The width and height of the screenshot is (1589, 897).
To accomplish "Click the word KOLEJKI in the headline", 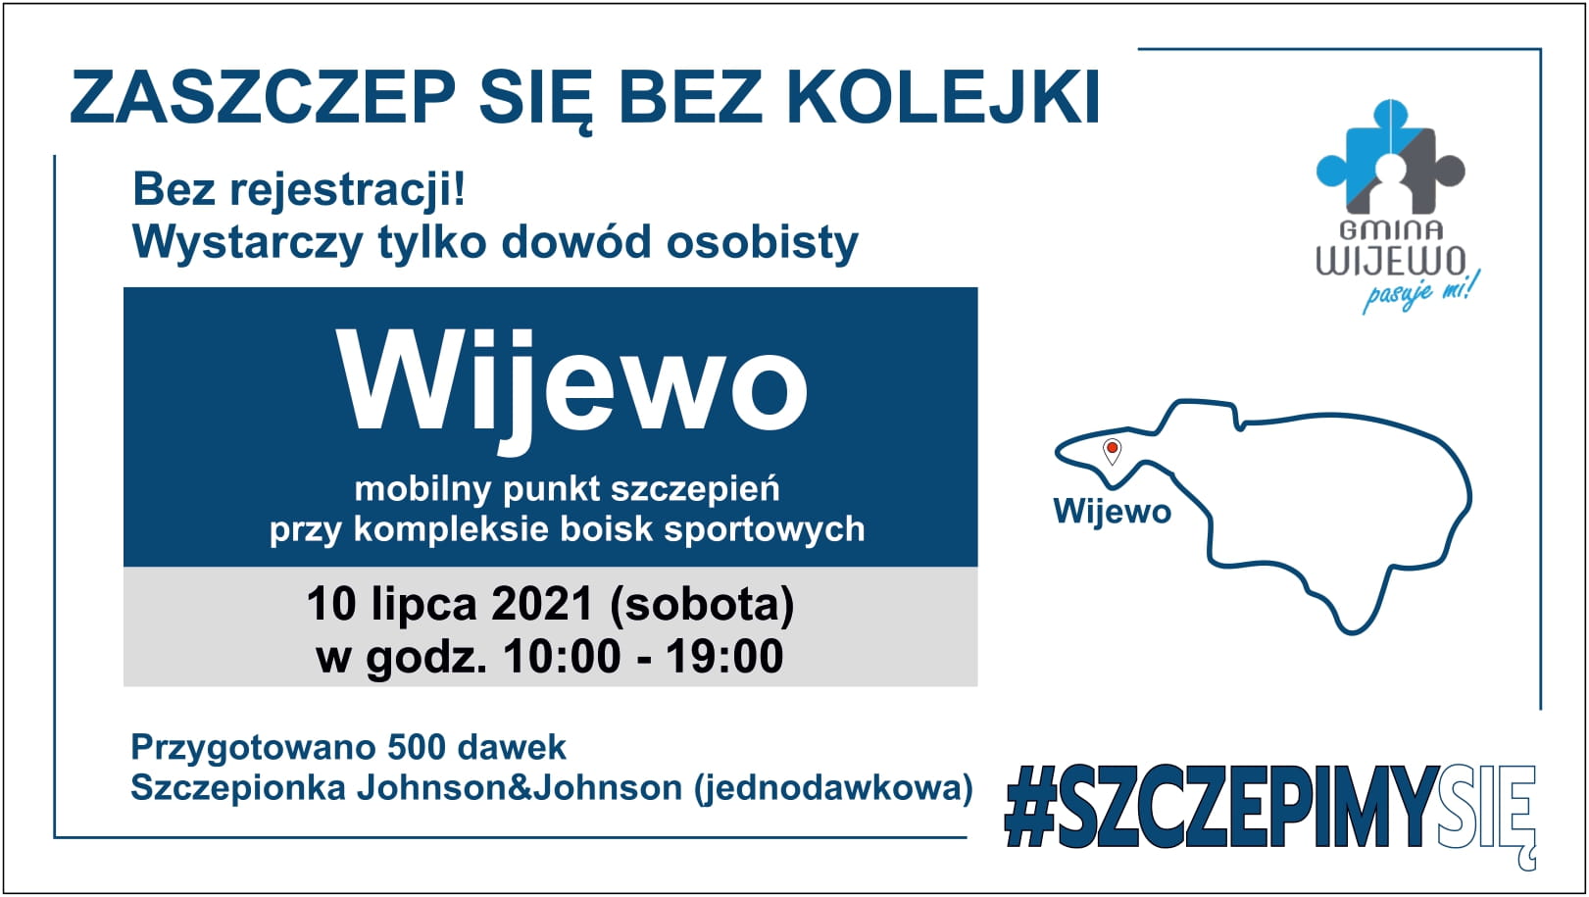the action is point(944,97).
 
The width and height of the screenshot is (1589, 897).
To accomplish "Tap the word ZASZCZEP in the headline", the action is point(263,97).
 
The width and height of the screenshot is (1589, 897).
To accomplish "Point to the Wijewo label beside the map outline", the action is point(1112,511).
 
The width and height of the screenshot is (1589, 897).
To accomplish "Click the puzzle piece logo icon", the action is point(1390,157).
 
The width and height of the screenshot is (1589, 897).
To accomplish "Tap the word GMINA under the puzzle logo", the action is point(1391,230).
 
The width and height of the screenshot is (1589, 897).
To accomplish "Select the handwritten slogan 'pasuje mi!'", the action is point(1420,292).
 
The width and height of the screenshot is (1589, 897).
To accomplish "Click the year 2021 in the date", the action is point(542,604).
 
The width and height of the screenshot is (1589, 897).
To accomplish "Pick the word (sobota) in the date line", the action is point(702,605).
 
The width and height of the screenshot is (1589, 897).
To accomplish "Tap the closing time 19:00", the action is point(724,657).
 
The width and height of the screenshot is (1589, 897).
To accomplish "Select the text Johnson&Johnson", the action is point(520,788).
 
